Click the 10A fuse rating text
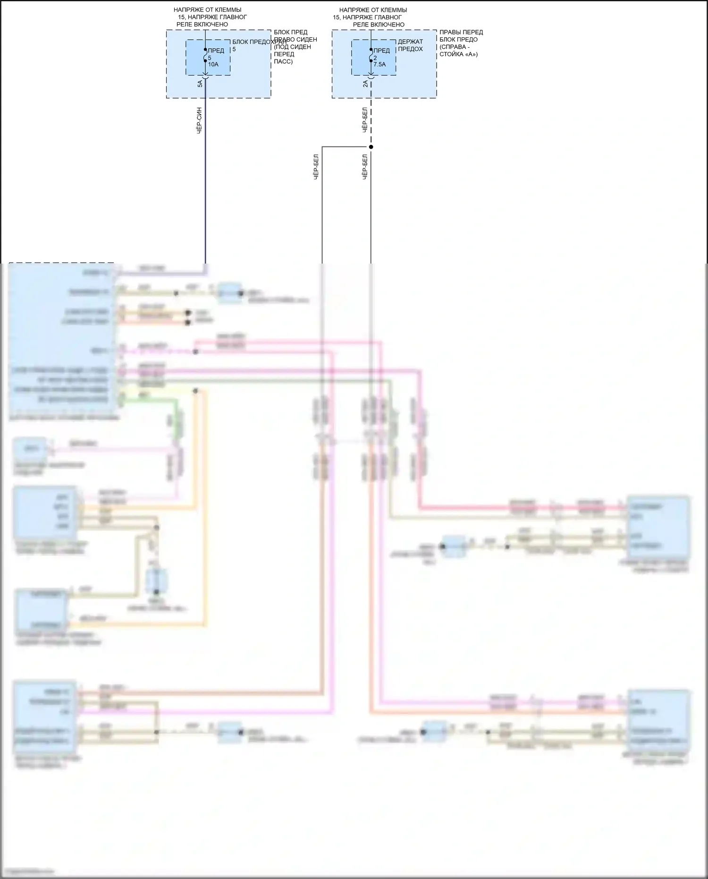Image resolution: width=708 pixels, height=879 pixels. pos(213,65)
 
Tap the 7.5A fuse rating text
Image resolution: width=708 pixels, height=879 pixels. pos(379,65)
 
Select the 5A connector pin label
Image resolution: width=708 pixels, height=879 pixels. pos(200,84)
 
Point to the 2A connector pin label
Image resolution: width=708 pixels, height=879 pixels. pos(365,84)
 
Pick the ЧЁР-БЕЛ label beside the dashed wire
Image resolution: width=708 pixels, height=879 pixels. pos(365,120)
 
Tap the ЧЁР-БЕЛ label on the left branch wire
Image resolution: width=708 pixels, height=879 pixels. pos(316,166)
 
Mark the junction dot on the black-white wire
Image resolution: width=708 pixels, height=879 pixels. pos(371,147)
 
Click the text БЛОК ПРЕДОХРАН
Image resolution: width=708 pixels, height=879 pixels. pos(259,42)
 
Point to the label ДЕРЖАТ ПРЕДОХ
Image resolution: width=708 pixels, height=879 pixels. pos(410,45)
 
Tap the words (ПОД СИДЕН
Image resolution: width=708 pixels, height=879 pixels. pos(292,47)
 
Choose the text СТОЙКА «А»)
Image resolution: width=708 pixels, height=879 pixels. pos(458,54)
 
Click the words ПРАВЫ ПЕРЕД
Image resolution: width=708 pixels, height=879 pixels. pos(461,32)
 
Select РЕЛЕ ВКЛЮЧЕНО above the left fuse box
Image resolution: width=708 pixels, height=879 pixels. pos(202,25)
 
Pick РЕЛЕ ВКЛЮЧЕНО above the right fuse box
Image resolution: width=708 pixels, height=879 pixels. pos(379,25)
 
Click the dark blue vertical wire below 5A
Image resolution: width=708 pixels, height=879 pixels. pos(205,189)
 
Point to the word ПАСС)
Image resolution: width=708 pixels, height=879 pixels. pos(283,61)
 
